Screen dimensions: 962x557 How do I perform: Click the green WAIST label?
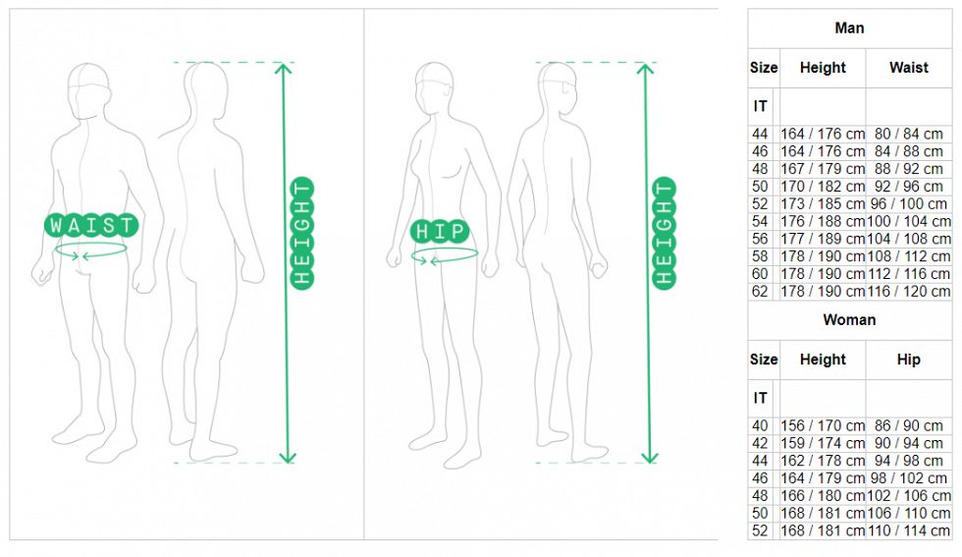point(91,225)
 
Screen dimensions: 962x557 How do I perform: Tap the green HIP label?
point(440,231)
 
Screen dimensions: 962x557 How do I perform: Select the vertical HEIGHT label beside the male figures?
point(302,234)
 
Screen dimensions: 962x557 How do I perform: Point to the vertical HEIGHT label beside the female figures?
point(664,234)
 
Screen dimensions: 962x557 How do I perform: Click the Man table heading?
point(849,28)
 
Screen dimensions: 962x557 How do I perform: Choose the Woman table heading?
point(849,320)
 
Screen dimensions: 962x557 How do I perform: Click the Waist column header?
point(909,68)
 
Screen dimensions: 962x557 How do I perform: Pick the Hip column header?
point(909,360)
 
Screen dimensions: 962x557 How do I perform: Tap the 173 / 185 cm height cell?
point(823,204)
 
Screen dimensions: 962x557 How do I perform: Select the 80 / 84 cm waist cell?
point(909,134)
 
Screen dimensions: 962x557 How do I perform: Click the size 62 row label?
point(760,291)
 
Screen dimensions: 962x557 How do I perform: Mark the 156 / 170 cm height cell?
point(823,425)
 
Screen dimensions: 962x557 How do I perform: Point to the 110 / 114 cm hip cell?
point(909,530)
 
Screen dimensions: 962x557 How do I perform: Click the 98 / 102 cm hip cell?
point(909,477)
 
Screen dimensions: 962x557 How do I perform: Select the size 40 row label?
point(760,425)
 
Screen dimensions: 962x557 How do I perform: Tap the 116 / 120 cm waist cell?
point(909,291)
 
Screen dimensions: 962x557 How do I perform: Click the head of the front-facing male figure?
point(89,90)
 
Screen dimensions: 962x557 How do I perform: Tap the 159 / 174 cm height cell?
point(823,443)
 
